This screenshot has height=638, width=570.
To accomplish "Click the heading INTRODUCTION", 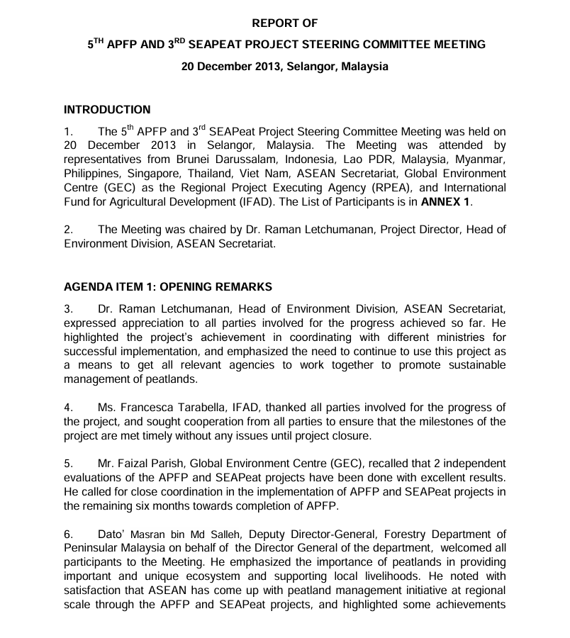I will coord(107,110).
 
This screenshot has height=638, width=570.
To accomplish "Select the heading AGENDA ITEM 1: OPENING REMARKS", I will coord(168,287).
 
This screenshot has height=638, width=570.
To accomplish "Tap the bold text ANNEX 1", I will coord(445,201).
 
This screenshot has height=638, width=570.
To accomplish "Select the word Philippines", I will coord(93,174).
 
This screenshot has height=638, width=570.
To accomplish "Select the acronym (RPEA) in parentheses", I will coord(379,188).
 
